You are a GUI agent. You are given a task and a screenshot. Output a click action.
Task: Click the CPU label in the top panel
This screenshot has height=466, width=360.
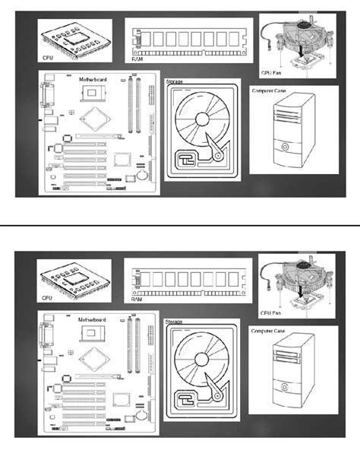pyautogui.click(x=47, y=57)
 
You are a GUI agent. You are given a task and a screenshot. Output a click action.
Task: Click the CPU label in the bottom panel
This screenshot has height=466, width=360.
pyautogui.click(x=47, y=299)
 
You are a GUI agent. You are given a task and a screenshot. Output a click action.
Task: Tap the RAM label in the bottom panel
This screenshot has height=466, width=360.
pyautogui.click(x=136, y=299)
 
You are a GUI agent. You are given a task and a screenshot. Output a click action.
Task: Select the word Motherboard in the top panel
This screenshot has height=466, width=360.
pyautogui.click(x=95, y=79)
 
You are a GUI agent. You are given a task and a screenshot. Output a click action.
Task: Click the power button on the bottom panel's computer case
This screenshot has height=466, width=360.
pyautogui.click(x=285, y=388)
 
